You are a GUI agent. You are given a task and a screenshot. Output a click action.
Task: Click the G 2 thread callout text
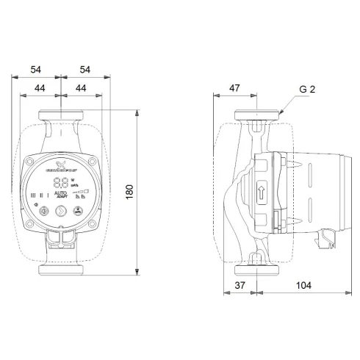pyautogui.click(x=308, y=90)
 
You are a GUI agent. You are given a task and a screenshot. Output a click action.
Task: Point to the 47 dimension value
pyautogui.click(x=234, y=88)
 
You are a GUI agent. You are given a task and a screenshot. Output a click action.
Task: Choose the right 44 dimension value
pyautogui.click(x=79, y=88)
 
